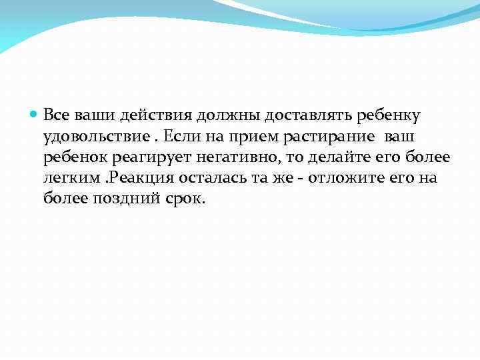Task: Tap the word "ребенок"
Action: (x=75, y=158)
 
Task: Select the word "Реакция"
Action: (x=139, y=179)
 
